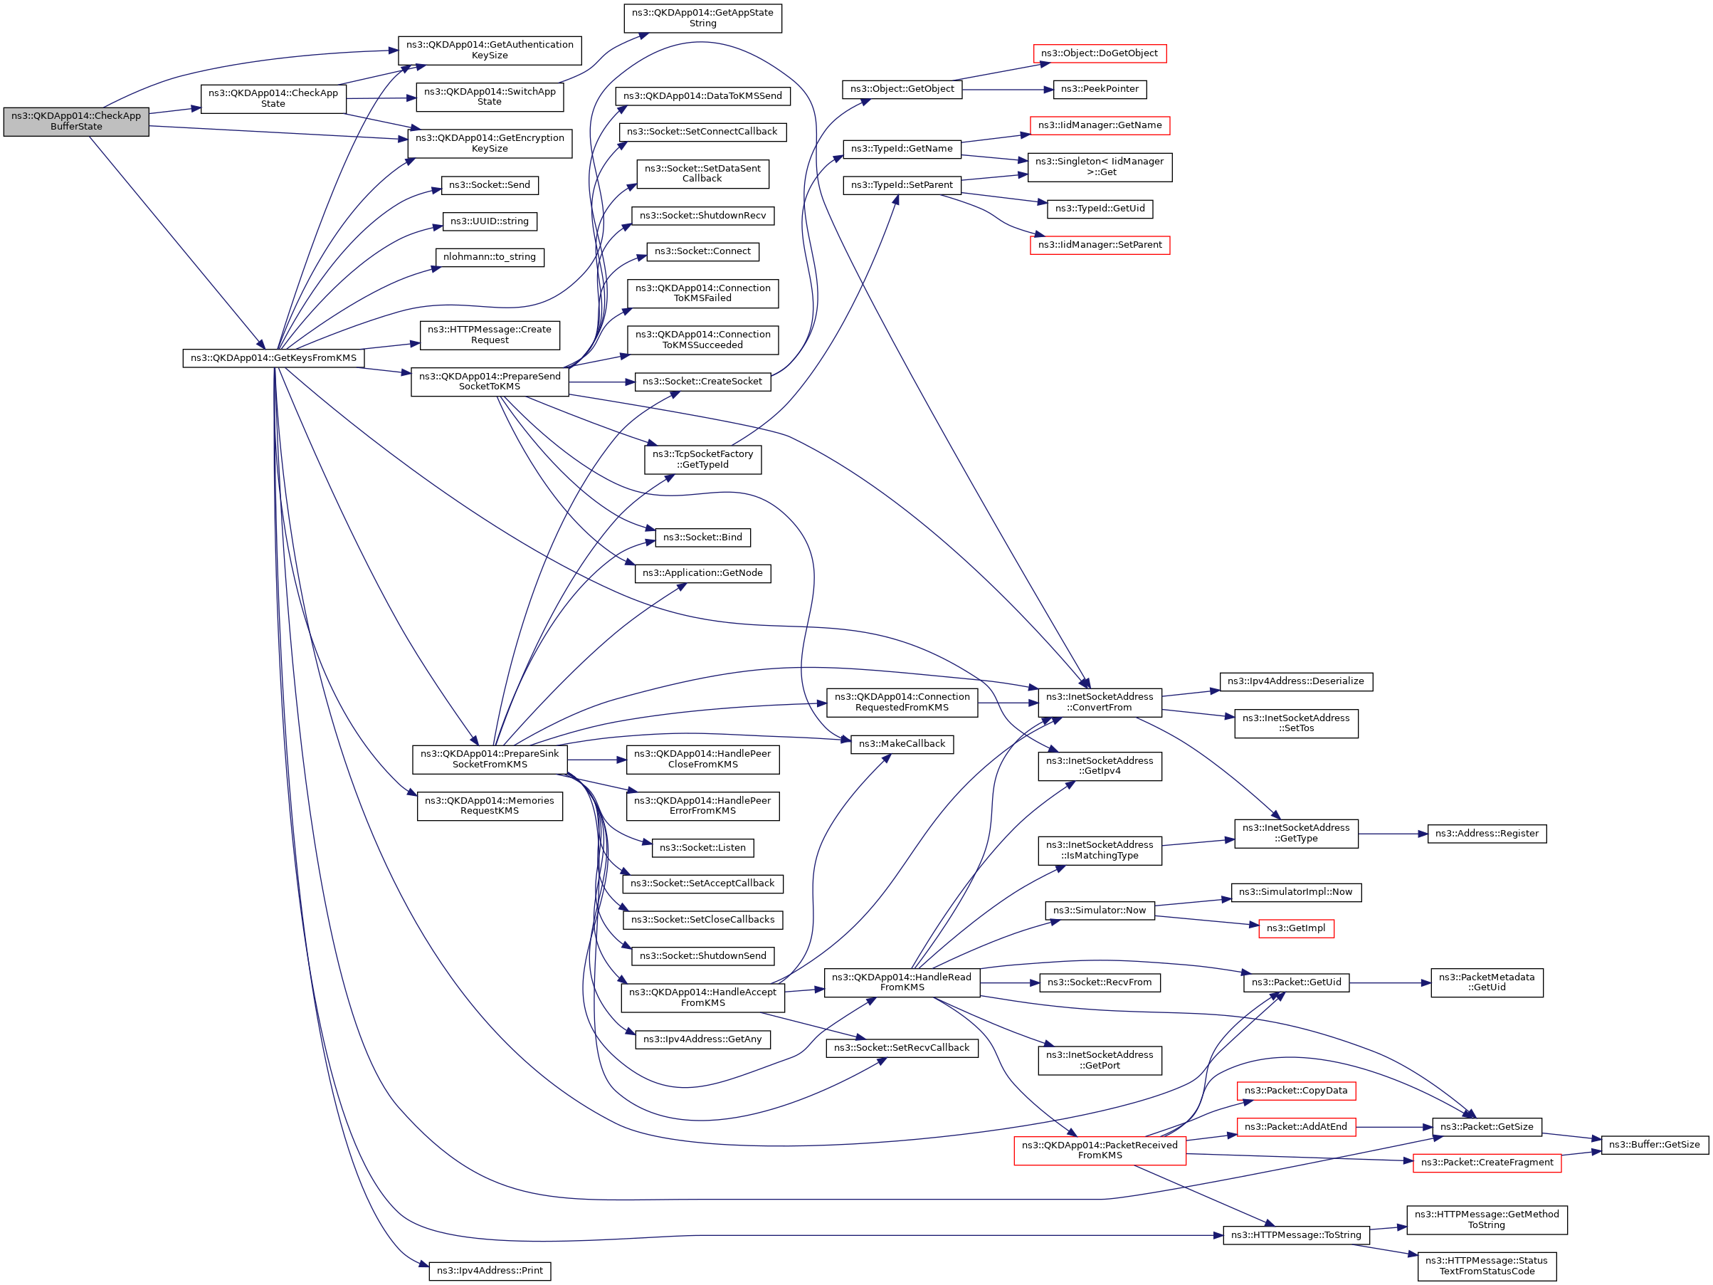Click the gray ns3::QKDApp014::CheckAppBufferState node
pyautogui.click(x=76, y=122)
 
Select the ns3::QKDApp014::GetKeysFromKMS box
pyautogui.click(x=273, y=359)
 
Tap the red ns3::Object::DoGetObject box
pyautogui.click(x=1099, y=53)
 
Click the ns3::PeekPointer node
pyautogui.click(x=1099, y=89)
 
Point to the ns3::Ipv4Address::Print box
pyautogui.click(x=490, y=1271)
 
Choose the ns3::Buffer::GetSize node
pyautogui.click(x=1654, y=1145)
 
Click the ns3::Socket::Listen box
pyautogui.click(x=702, y=848)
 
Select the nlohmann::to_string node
pyautogui.click(x=490, y=257)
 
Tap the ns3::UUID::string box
pyautogui.click(x=490, y=221)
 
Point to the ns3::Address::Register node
pyautogui.click(x=1486, y=834)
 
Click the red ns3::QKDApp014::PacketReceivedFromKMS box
pyautogui.click(x=1099, y=1151)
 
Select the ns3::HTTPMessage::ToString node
pyautogui.click(x=1295, y=1235)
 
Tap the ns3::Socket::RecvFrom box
pyautogui.click(x=1099, y=983)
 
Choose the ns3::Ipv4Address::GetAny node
pyautogui.click(x=702, y=1039)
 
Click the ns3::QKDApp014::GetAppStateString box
pyautogui.click(x=702, y=18)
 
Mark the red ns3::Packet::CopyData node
pyautogui.click(x=1295, y=1091)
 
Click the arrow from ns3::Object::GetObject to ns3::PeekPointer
pyautogui.click(x=1008, y=90)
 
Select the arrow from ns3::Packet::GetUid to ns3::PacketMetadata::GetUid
pyautogui.click(x=1389, y=983)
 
